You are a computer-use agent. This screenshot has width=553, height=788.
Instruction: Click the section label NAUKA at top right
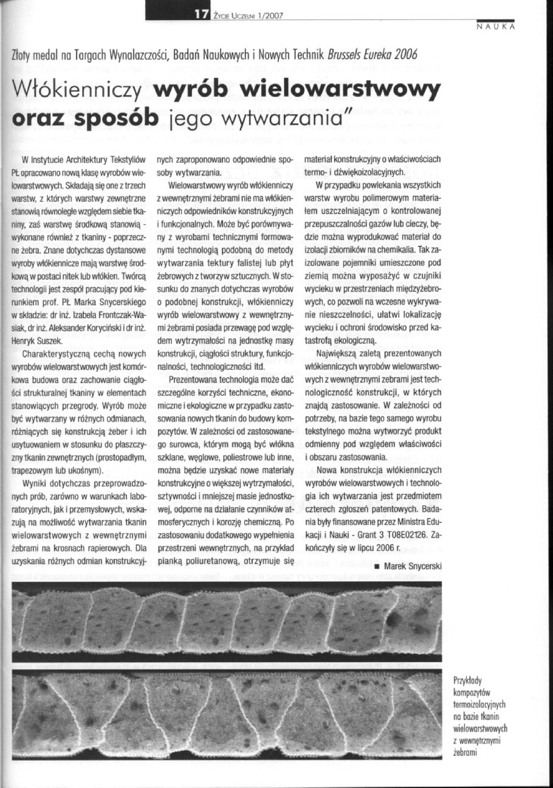(496, 27)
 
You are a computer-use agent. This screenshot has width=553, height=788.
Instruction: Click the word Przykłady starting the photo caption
(471, 680)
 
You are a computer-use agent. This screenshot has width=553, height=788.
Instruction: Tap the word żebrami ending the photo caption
(467, 752)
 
